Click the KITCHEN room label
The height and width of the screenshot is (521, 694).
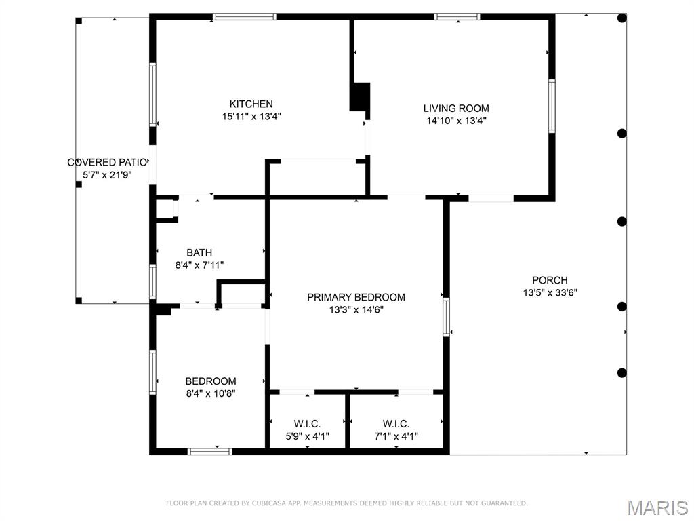pos(251,104)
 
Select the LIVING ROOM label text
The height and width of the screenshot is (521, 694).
pos(456,108)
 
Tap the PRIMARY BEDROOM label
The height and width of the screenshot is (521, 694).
pos(356,297)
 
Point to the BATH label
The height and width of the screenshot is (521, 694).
pos(199,252)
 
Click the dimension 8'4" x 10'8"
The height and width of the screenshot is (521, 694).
pos(211,393)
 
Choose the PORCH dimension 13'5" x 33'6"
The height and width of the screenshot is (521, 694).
pos(550,292)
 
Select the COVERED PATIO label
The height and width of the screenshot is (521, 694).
pos(107,163)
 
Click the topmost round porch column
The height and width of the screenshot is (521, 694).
pos(622,18)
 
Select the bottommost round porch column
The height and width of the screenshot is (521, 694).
pos(622,372)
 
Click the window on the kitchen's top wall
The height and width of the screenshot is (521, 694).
pos(244,17)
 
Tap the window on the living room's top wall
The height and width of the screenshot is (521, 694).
pos(457,17)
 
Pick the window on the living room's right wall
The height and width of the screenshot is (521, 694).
pos(552,106)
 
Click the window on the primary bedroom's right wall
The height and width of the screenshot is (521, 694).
pos(446,317)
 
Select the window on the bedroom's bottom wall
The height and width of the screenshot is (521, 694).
pos(210,451)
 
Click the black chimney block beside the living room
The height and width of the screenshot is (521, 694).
pos(360,97)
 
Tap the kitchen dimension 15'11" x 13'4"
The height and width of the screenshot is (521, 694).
pos(251,117)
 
